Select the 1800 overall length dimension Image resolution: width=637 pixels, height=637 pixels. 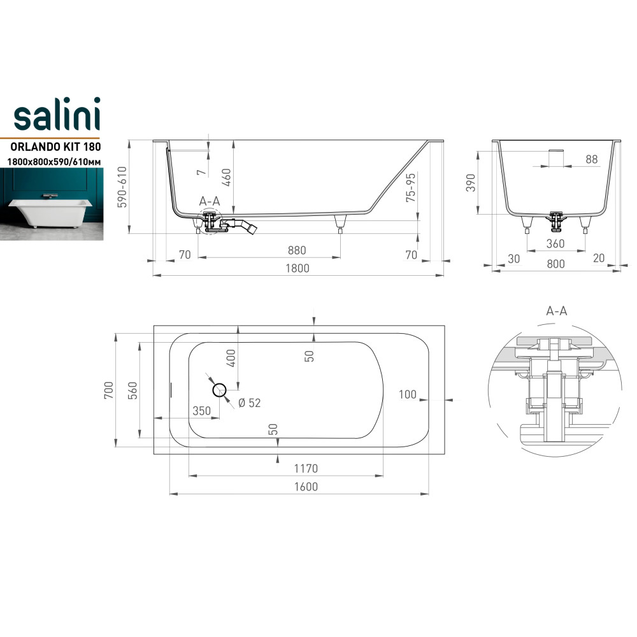pos(297,268)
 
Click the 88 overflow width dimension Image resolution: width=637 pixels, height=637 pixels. pos(592,159)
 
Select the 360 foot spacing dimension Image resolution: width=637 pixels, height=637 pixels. pos(555,244)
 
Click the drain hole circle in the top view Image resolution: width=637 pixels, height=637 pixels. pos(220,390)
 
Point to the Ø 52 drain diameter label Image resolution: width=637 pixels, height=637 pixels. pos(249,403)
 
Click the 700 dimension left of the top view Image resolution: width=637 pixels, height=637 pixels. pos(108,389)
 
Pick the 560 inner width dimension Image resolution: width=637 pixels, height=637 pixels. pos(132,389)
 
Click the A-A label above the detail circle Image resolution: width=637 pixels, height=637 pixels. pos(557,311)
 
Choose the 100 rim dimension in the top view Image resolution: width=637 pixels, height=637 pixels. pos(407,395)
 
